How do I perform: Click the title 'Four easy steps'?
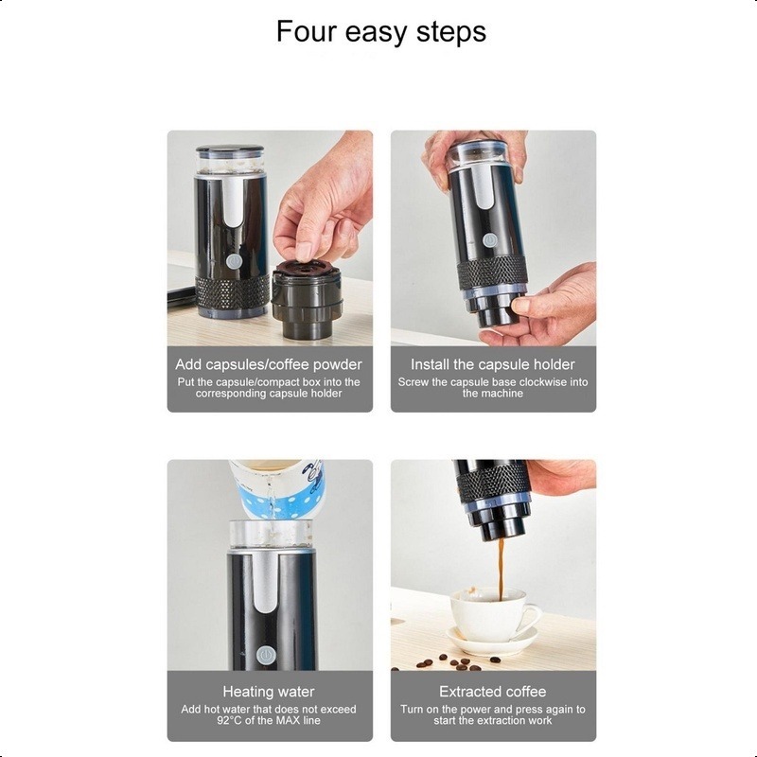[x=381, y=32]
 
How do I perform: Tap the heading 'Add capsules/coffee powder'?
[x=269, y=364]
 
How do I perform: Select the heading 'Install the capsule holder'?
[x=493, y=364]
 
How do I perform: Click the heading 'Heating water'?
[x=269, y=692]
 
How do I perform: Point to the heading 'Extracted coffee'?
[x=492, y=692]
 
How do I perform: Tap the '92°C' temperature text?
[x=230, y=721]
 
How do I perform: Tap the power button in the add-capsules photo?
[x=234, y=262]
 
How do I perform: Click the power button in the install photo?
[x=489, y=239]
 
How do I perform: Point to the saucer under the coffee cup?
[x=492, y=641]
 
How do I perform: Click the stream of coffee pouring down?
[x=501, y=570]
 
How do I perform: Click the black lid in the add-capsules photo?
[x=230, y=150]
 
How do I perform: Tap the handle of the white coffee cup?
[x=531, y=618]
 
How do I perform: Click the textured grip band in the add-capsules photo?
[x=232, y=293]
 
